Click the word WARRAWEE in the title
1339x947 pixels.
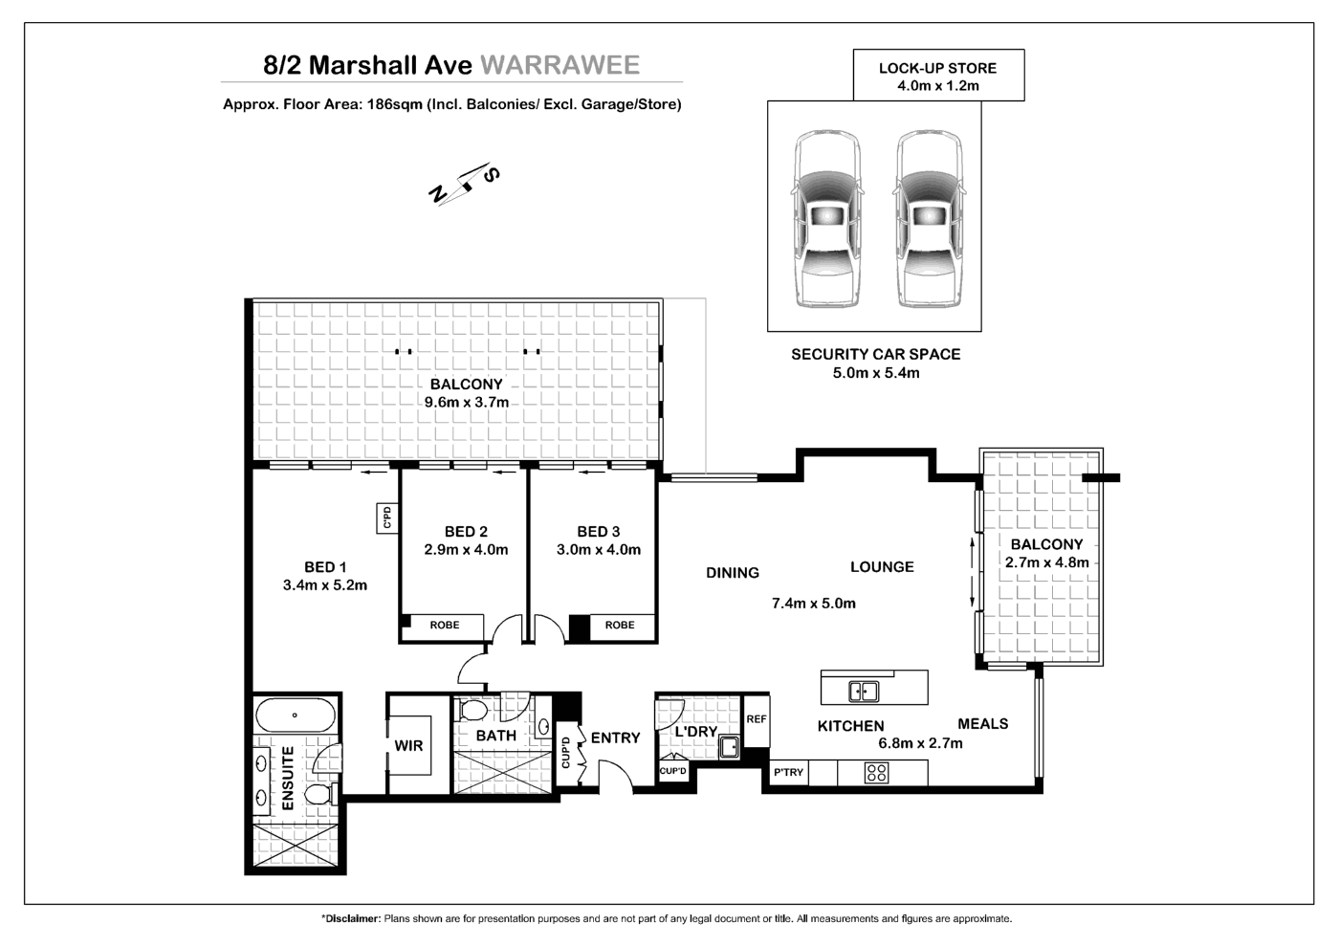560,65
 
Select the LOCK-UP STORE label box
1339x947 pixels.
938,76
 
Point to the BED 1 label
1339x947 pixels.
325,566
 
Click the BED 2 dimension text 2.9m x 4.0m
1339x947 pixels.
466,550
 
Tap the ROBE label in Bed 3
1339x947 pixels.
620,625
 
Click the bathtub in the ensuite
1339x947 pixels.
296,716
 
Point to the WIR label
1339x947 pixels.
408,745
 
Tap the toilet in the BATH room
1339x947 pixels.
472,712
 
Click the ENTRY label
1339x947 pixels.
615,738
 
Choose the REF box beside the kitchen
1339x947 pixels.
756,719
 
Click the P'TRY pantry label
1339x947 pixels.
788,773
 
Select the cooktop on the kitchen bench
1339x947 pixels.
876,773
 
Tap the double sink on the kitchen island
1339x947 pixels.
864,690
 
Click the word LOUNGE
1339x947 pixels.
882,567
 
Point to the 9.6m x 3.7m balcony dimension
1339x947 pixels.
467,402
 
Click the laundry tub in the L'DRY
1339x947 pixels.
730,746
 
